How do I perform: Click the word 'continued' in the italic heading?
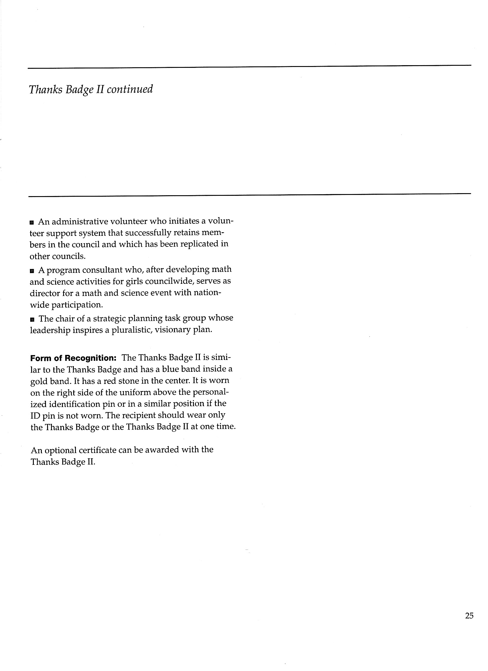(x=130, y=89)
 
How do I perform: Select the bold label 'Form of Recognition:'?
(x=73, y=358)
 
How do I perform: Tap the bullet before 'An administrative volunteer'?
(x=32, y=222)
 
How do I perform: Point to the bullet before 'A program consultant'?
(x=32, y=271)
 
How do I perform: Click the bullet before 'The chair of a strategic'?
(x=32, y=319)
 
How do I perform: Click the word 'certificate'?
(x=97, y=450)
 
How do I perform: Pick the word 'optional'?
(x=59, y=451)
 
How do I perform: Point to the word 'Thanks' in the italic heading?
(x=45, y=89)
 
